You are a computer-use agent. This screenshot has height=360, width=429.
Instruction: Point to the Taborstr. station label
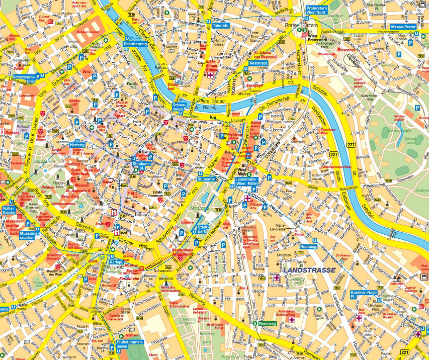[221, 25]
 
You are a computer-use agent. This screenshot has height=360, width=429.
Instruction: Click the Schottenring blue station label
[135, 44]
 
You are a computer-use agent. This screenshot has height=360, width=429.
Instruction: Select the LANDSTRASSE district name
[309, 270]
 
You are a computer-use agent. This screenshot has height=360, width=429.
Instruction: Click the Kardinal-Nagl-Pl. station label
[364, 295]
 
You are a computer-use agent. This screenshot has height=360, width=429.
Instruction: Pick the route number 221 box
[406, 352]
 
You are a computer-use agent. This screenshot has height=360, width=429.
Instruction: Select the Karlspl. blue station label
[117, 262]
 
